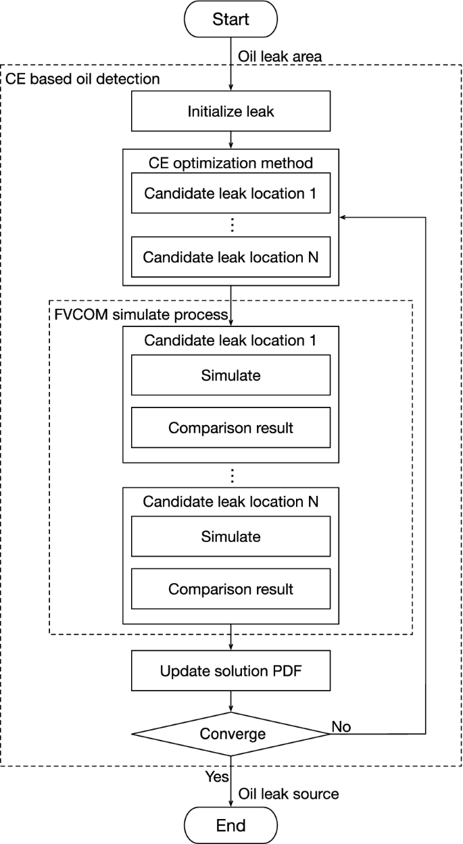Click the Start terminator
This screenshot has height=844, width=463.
[230, 20]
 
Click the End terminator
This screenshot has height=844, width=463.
[230, 824]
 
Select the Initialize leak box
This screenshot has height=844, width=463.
[230, 111]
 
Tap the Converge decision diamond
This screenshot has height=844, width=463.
[230, 733]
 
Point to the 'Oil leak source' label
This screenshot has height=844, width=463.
[287, 794]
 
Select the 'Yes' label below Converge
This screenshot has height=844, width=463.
[217, 777]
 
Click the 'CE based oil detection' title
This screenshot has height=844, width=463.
[82, 79]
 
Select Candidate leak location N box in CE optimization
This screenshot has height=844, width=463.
[230, 257]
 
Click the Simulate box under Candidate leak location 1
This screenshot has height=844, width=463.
[230, 375]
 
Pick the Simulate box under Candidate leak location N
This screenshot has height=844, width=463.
[230, 537]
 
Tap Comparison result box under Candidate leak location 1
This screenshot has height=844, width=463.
[230, 428]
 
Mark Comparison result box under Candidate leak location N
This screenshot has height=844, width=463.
[230, 589]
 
